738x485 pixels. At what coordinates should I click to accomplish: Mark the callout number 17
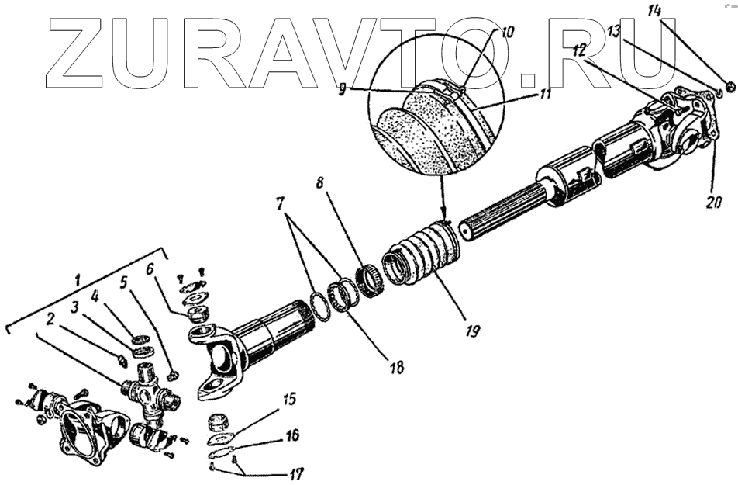[298, 471]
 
